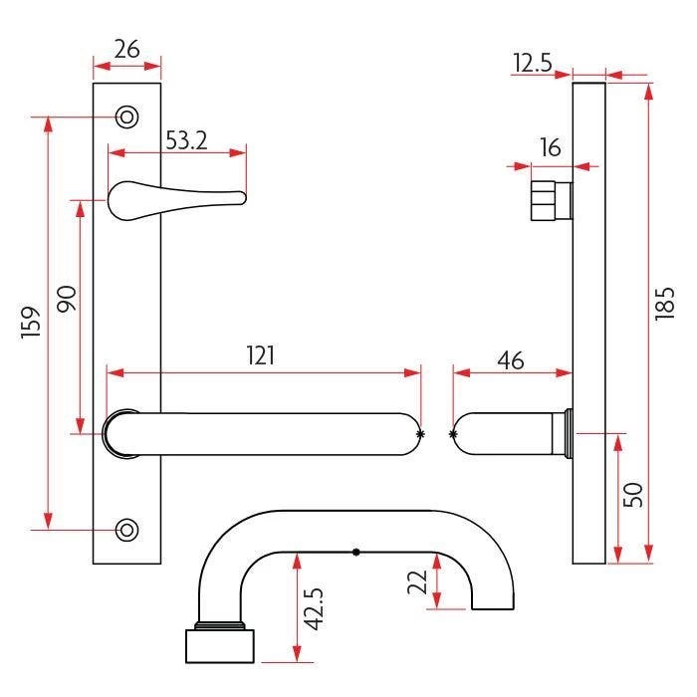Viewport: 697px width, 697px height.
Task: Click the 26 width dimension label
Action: (x=125, y=49)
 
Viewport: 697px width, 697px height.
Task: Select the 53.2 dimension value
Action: (x=185, y=140)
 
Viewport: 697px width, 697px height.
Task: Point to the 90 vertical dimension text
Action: (x=67, y=300)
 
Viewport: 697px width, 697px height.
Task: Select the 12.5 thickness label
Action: (x=533, y=64)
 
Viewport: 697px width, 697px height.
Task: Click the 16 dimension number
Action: (x=550, y=147)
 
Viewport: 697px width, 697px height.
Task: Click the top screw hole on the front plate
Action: (x=126, y=116)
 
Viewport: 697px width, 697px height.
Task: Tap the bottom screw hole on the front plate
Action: (x=126, y=529)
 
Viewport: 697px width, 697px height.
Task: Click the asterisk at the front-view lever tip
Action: (x=420, y=434)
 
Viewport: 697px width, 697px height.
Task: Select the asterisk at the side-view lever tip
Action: (x=454, y=434)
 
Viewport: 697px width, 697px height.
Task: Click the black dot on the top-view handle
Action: (x=355, y=552)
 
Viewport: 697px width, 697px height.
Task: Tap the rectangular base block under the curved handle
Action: (x=218, y=645)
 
